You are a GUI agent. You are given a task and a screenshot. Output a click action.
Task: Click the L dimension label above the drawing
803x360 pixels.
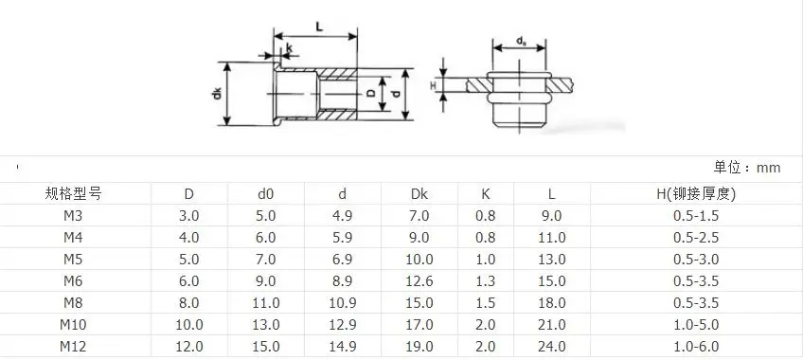pyautogui.click(x=319, y=27)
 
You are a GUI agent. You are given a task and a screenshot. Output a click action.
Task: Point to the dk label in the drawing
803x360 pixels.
pyautogui.click(x=217, y=93)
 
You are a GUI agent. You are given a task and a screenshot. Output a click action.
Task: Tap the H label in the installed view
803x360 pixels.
pyautogui.click(x=433, y=85)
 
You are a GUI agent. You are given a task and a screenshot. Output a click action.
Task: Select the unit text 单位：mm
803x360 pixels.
pyautogui.click(x=747, y=168)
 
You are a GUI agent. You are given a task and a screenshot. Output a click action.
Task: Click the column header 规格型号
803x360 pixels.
pyautogui.click(x=73, y=193)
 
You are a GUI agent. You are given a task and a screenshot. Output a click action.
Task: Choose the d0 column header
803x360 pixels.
pyautogui.click(x=266, y=194)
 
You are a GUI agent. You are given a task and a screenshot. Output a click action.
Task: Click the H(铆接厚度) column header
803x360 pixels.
pyautogui.click(x=696, y=194)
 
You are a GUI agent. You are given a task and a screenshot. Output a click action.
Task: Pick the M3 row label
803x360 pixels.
pyautogui.click(x=73, y=216)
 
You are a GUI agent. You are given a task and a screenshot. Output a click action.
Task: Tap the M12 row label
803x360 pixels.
pyautogui.click(x=73, y=347)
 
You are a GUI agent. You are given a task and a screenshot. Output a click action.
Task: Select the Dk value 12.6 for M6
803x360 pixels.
pyautogui.click(x=419, y=281)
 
